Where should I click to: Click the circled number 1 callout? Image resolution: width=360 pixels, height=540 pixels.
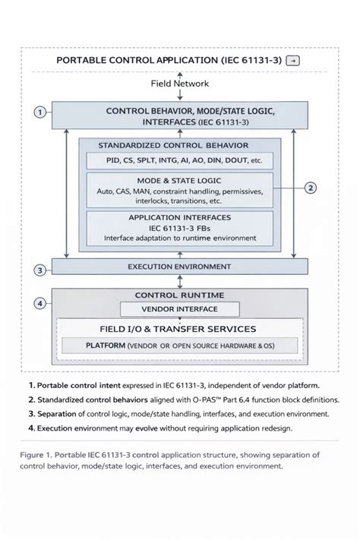coord(40,112)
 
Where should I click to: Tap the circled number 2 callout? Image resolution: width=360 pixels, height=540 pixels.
coord(311,188)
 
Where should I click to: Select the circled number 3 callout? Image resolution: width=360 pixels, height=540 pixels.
coord(40,270)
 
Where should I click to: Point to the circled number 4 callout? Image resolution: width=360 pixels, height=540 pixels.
coord(40,303)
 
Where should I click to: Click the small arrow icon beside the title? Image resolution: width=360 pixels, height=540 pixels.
coord(293,61)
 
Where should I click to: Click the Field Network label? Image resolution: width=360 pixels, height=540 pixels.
coord(179,84)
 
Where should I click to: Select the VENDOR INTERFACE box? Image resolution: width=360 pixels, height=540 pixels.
coord(179,309)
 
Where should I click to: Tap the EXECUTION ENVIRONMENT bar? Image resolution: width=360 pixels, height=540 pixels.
coord(179,267)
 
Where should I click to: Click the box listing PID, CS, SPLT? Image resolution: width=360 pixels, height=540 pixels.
coord(179,160)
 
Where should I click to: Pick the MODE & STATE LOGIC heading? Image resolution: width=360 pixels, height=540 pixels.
coord(179,181)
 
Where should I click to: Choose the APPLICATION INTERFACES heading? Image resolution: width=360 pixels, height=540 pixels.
coord(180,218)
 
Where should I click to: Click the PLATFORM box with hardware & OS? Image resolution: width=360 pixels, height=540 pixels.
coord(179,346)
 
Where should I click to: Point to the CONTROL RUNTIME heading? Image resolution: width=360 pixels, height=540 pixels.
coord(179,295)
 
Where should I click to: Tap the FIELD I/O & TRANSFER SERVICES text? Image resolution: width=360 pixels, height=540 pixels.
coord(178,329)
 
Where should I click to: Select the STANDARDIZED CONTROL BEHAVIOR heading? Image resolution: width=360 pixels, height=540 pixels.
coord(173,145)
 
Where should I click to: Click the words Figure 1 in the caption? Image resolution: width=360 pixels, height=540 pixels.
coord(36,455)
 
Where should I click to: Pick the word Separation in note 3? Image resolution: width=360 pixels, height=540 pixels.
coord(57,414)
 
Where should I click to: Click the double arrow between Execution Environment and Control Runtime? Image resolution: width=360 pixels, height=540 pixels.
coord(179,282)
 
